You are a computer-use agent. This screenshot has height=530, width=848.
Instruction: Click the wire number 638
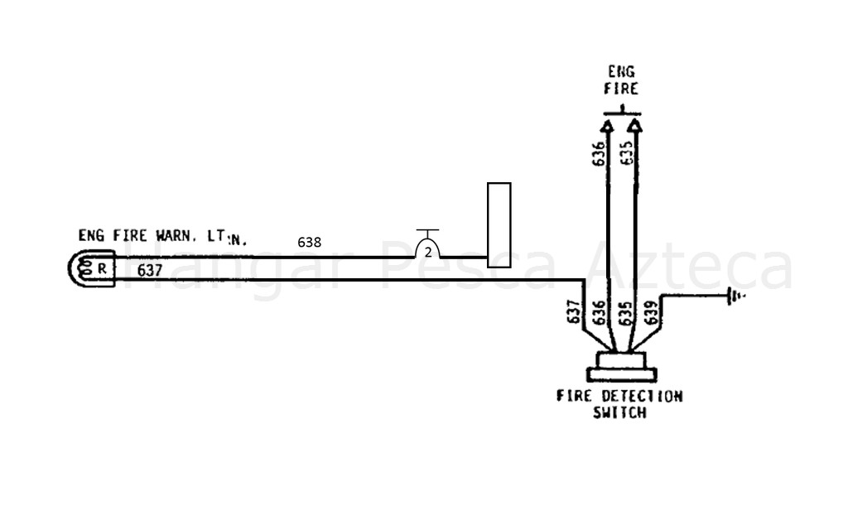(x=310, y=242)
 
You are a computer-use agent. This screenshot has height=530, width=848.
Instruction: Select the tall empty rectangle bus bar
(x=499, y=224)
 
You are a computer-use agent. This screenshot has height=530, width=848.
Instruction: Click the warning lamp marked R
(x=91, y=269)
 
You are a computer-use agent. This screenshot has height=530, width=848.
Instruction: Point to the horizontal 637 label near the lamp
(x=150, y=270)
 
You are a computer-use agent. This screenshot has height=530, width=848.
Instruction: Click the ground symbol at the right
(x=734, y=295)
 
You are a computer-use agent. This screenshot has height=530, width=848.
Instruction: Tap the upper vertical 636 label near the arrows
(x=599, y=155)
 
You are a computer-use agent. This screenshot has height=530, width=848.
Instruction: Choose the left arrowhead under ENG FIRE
(x=607, y=125)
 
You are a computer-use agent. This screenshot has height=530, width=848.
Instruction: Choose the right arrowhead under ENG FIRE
(x=635, y=125)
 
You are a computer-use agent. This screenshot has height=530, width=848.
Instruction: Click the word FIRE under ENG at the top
(x=621, y=89)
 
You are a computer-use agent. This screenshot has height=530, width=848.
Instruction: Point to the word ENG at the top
(x=621, y=73)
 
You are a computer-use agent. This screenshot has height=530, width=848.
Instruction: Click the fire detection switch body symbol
(x=621, y=367)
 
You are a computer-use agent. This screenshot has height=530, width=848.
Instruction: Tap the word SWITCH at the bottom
(x=619, y=412)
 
